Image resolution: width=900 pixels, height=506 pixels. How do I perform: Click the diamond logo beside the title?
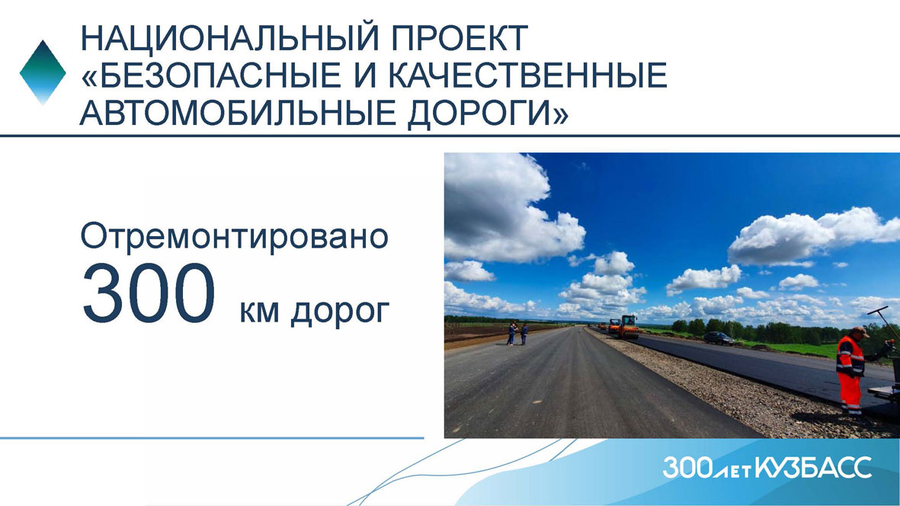pos(43,72)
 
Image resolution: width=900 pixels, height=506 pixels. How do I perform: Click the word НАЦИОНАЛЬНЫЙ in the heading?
pos(231,38)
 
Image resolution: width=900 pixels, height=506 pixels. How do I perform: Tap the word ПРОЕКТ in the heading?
pos(460,38)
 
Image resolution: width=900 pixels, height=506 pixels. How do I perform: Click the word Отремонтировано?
pos(234,236)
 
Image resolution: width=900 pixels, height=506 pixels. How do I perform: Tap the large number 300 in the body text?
pos(149,293)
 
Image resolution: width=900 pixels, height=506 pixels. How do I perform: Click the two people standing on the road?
pos(517,333)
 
